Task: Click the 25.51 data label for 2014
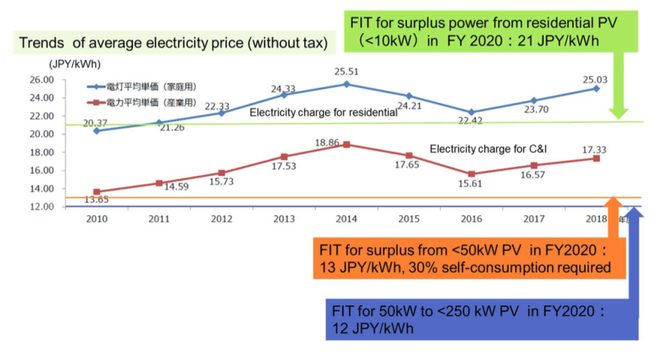345,72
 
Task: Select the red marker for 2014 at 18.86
346,145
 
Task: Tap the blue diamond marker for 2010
97,131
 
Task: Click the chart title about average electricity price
173,43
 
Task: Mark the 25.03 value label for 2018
595,77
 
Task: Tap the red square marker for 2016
472,174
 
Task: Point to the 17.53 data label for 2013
284,167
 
